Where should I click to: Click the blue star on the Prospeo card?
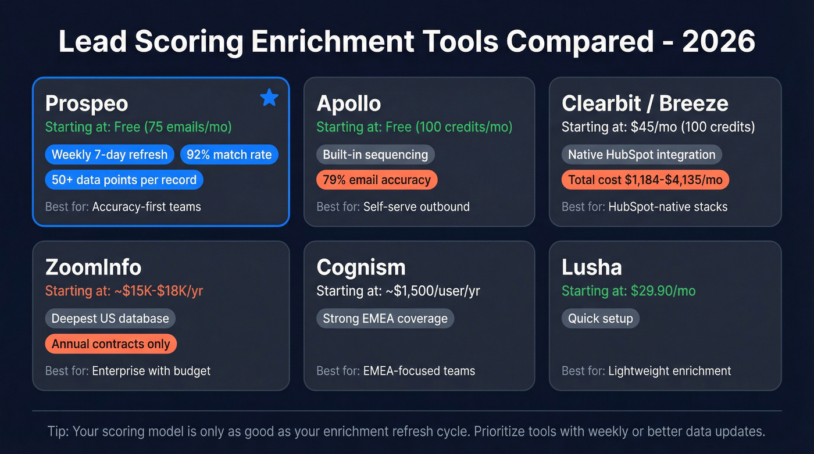(269, 98)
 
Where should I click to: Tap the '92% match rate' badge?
(229, 155)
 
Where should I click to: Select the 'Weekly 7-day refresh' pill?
(109, 155)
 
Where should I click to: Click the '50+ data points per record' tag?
(124, 180)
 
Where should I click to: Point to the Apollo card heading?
(349, 103)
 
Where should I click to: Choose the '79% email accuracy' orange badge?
(376, 180)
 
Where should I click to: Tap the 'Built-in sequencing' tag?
(375, 155)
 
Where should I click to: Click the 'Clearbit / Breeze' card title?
(644, 103)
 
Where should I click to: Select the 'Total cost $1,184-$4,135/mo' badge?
(645, 180)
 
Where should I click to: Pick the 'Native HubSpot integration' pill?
(641, 155)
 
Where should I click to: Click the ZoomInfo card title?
(93, 267)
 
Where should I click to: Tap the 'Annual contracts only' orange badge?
(110, 344)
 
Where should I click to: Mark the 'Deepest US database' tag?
(110, 319)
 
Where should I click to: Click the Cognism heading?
(360, 267)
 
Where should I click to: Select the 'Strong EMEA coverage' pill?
(385, 319)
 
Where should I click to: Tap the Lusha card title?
(591, 267)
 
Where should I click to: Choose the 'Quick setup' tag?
(600, 319)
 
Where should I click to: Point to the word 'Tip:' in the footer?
(58, 432)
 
